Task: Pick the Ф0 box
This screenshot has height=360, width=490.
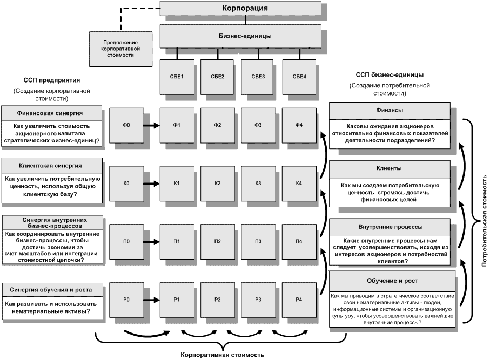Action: tap(127, 125)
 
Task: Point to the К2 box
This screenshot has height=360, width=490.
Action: tap(217, 184)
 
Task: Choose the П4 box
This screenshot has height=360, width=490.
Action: tap(299, 241)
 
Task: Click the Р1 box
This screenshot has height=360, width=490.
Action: tap(176, 300)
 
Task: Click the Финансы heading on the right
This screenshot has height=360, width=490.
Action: tap(393, 110)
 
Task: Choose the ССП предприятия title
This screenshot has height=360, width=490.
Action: tap(51, 79)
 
